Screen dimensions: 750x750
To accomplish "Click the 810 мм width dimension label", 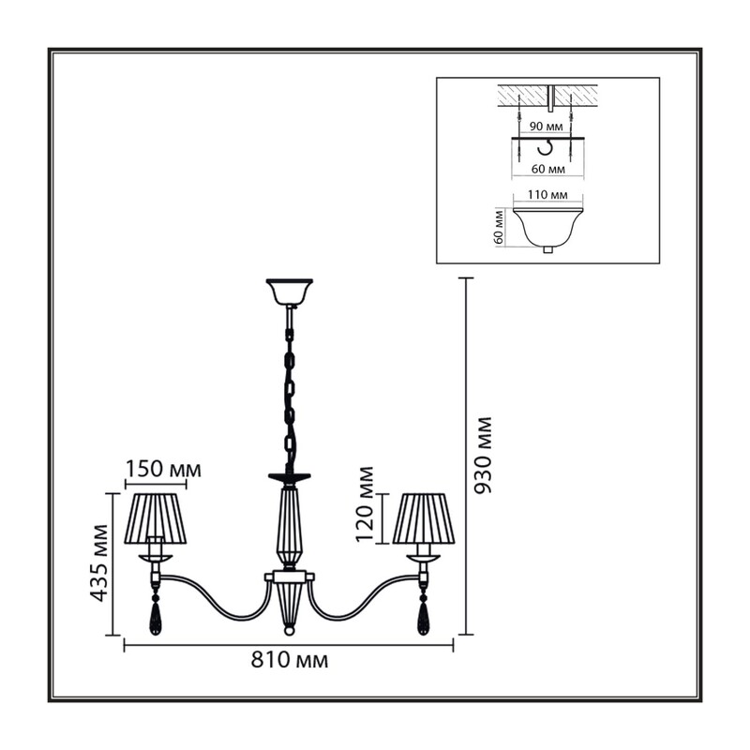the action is point(290,661).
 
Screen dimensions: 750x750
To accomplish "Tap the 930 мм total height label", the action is point(482,456).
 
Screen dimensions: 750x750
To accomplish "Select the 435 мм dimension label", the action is point(98,563).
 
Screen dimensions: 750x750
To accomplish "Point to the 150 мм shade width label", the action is point(163,470).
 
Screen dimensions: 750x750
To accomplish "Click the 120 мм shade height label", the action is point(365,503).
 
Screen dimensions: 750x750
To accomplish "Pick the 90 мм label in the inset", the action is point(547,127).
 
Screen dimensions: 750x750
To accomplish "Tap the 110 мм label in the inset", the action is point(547,195).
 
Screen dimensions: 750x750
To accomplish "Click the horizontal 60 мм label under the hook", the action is point(548,170).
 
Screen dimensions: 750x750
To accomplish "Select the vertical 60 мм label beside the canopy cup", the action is point(500,227).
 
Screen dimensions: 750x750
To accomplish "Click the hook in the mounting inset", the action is point(546,148).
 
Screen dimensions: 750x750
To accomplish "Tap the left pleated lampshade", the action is point(156,519).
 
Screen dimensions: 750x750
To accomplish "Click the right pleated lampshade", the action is point(423,519).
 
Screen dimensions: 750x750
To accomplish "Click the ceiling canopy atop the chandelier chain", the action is point(290,292).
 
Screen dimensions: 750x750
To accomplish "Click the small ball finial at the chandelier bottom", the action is point(289,631).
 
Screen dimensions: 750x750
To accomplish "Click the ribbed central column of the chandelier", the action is point(289,526).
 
